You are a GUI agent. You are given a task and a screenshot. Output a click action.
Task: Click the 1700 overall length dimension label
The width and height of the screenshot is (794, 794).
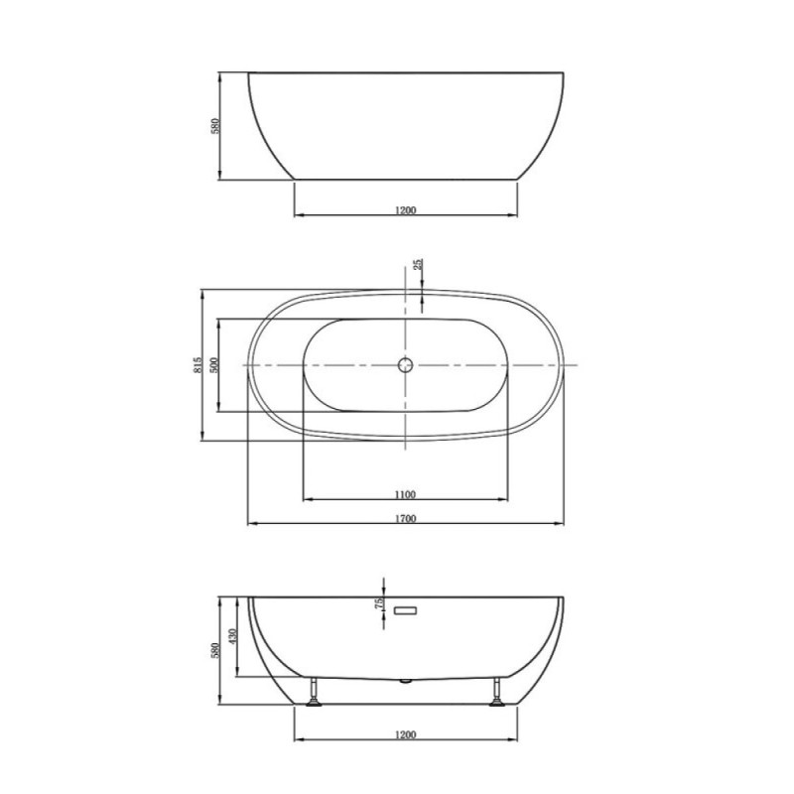coord(405,518)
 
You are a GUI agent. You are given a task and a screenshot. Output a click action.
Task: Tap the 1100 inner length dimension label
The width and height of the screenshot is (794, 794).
coord(405,494)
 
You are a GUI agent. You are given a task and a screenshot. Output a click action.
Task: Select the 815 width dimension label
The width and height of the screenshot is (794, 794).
coord(198,365)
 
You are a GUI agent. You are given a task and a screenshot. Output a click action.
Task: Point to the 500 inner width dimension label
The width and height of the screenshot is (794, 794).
coord(213,365)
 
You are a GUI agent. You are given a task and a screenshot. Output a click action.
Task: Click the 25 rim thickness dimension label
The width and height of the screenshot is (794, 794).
coord(418,264)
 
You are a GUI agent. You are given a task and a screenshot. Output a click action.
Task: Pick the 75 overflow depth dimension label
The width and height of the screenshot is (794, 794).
coord(379,603)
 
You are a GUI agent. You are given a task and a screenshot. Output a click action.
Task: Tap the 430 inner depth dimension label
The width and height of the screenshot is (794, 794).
coord(232,636)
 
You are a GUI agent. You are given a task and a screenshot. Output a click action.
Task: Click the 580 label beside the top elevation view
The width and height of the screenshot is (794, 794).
coord(214,126)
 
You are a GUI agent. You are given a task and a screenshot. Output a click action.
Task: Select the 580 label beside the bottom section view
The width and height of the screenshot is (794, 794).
coord(214,651)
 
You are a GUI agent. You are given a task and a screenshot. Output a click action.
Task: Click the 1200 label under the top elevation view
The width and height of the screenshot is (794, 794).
coord(405,210)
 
